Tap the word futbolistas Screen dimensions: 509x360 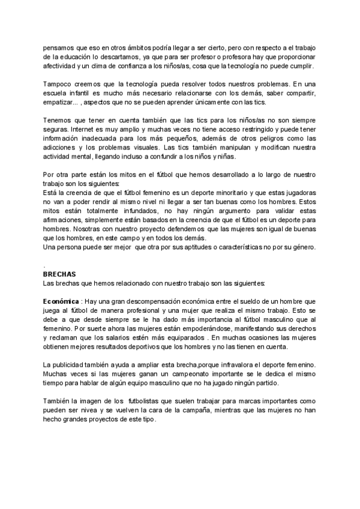click(152, 404)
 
